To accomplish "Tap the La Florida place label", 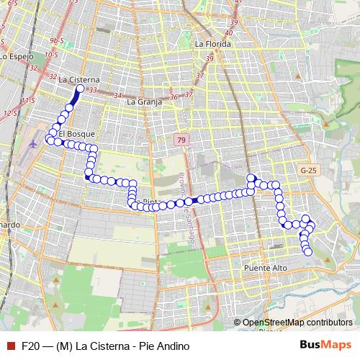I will (x=213, y=44).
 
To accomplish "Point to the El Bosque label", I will (x=76, y=134).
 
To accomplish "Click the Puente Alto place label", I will (x=266, y=268).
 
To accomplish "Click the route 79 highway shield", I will (x=181, y=140).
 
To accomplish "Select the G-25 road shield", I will (x=309, y=171).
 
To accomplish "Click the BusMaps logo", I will (x=322, y=346).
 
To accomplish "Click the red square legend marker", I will (x=10, y=346).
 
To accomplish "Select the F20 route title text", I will (x=105, y=346).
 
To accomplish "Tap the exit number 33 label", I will (x=92, y=89).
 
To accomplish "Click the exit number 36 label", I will (x=174, y=96).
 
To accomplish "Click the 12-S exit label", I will (x=11, y=113).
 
